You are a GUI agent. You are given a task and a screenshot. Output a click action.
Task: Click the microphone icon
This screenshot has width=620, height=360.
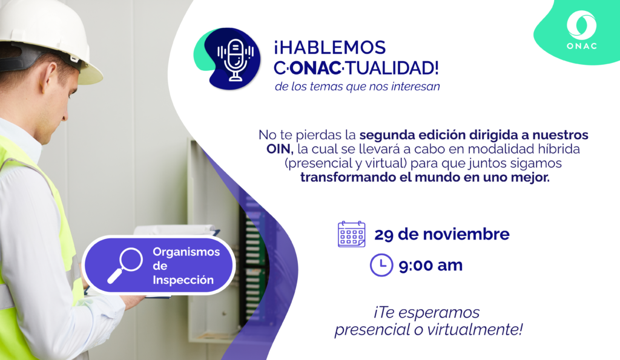tap(236, 60)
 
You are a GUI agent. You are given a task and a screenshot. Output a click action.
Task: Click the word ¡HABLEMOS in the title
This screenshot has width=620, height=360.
tap(330, 48)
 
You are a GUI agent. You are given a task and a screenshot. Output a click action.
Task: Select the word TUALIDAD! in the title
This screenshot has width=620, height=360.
tap(392, 68)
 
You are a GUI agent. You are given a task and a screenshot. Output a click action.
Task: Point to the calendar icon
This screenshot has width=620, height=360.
tap(352, 234)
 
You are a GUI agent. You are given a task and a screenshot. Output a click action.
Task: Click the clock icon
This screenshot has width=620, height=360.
tap(381, 265)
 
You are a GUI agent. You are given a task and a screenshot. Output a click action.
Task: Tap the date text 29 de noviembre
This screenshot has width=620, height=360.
tap(441, 234)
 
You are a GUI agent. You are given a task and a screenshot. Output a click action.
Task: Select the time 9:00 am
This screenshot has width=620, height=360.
tap(430, 266)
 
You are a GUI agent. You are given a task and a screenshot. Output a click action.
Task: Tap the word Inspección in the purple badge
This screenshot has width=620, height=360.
tap(183, 280)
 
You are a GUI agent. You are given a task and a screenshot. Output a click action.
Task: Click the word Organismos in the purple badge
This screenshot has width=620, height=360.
tap(186, 252)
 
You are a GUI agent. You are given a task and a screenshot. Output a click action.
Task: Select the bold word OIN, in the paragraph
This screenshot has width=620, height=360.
tap(280, 149)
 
